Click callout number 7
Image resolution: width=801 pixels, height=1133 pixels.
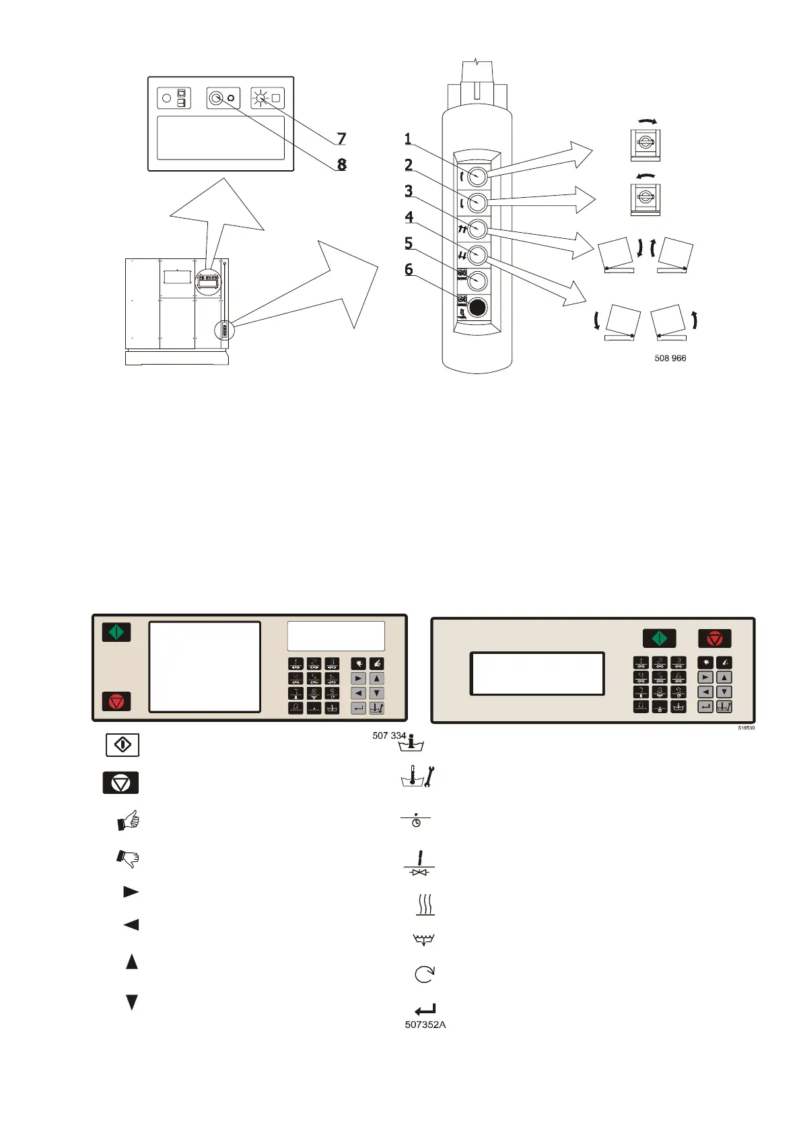[341, 139]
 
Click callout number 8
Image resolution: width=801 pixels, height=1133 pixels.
[342, 164]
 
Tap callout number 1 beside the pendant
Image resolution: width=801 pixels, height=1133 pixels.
[408, 139]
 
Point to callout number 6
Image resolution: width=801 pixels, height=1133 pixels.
[409, 270]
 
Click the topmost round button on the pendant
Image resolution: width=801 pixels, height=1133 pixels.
[477, 176]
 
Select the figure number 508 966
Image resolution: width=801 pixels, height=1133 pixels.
[670, 359]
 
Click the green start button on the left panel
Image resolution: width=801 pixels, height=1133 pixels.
[116, 632]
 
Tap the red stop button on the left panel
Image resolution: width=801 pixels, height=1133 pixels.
[116, 702]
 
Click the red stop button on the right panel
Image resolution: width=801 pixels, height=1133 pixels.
[714, 638]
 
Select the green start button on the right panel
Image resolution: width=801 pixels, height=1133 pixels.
[659, 638]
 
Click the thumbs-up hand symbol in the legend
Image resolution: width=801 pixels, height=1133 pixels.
[129, 820]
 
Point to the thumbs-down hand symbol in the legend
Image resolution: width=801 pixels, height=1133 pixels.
[128, 858]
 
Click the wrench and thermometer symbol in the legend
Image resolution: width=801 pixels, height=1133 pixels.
[418, 777]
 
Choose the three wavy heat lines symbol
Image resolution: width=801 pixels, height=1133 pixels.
[424, 904]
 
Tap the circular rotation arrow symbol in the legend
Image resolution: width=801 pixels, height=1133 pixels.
[425, 973]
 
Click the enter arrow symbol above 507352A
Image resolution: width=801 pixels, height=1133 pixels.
[425, 1009]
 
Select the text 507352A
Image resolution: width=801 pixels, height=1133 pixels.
[425, 1025]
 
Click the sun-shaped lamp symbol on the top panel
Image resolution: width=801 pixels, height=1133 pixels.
[260, 98]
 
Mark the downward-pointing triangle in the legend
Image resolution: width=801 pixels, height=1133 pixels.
[132, 1002]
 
